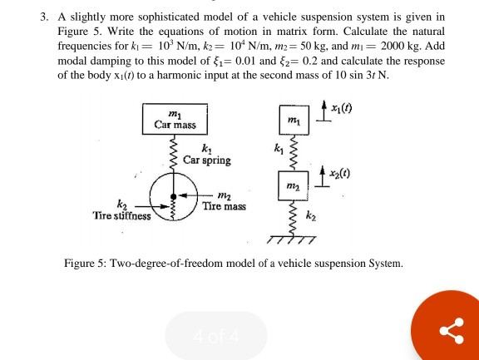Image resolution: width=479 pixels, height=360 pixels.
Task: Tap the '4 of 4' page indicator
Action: click(x=216, y=336)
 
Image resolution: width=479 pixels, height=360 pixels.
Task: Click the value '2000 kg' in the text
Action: click(x=405, y=47)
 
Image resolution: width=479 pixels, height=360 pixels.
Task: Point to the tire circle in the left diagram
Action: click(x=175, y=198)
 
